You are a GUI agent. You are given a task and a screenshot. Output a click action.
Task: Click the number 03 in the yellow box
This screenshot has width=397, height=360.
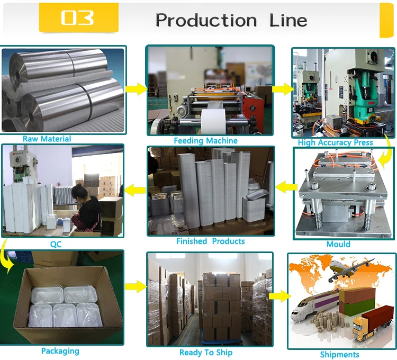[x=77, y=17]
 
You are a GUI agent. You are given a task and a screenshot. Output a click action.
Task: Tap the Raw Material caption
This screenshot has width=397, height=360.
[x=47, y=139]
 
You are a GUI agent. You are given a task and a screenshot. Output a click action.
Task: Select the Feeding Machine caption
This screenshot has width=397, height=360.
[x=205, y=141]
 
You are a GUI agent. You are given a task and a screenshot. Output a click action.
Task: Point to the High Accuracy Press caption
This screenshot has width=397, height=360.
[x=335, y=142]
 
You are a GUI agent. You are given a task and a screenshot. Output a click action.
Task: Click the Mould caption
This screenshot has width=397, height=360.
[x=338, y=244]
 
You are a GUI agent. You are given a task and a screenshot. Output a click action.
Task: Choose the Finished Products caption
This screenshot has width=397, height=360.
[x=210, y=241]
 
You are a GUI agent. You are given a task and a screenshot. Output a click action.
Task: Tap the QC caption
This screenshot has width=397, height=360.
[x=56, y=245]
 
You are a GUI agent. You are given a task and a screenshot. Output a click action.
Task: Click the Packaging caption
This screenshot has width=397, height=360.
[x=60, y=351]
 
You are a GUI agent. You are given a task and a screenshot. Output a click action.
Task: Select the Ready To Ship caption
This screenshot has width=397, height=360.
[x=205, y=353]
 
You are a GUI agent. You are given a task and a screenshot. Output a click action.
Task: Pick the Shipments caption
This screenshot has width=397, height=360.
[x=339, y=355]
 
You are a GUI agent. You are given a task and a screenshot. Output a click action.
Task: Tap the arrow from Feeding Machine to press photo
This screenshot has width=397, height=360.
[x=282, y=88]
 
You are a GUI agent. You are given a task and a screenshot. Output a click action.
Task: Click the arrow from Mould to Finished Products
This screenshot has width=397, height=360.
[x=285, y=186]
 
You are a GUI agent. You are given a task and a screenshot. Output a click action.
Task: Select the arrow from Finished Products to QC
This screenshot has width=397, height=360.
[x=135, y=187]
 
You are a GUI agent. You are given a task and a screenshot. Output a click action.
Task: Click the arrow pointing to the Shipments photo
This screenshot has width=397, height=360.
[x=277, y=296]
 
